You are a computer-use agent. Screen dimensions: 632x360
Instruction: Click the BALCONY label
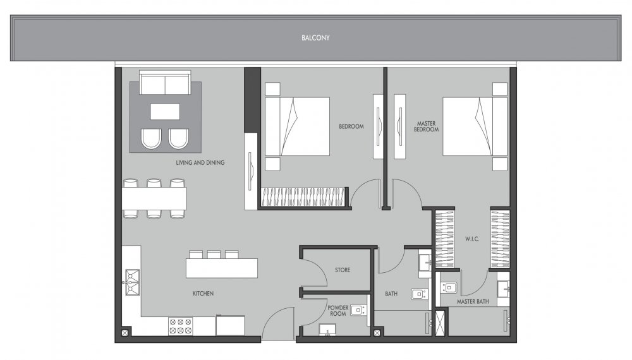pos(315,38)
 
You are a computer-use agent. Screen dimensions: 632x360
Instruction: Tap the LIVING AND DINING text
pos(200,163)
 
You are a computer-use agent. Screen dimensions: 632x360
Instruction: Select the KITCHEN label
pos(203,294)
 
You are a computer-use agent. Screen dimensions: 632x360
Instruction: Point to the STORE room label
pos(343,270)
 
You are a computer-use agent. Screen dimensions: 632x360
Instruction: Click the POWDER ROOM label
pos(337,311)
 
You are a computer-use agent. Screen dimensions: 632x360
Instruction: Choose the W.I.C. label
pos(472,239)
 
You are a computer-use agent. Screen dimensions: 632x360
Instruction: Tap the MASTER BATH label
pos(473,301)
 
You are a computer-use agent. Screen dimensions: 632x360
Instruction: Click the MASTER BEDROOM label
pos(426,126)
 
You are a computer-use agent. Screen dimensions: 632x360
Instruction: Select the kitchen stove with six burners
pos(180,326)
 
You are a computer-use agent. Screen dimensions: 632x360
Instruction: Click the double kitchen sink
pos(132,282)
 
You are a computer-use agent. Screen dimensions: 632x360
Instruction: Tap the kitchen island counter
pos(222,268)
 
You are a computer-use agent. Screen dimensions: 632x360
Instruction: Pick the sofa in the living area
pos(165,83)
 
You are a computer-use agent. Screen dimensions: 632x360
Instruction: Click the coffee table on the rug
pos(165,112)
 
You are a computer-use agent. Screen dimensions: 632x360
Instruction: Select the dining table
pos(154,198)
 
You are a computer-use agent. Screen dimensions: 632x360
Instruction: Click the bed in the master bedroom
pos(475,126)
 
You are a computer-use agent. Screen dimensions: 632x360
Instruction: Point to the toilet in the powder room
pos(327,330)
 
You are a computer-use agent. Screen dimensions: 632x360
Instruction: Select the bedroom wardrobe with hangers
pos(303,197)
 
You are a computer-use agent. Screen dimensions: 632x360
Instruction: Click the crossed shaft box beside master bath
pos(441,323)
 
